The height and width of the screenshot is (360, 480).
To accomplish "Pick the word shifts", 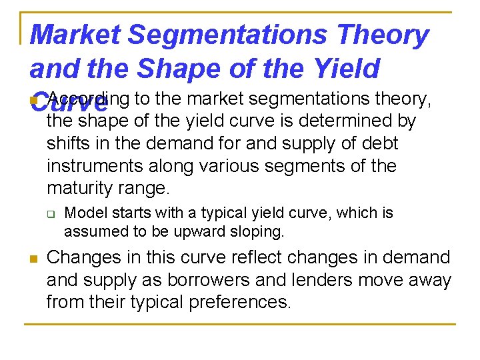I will click(x=65, y=143).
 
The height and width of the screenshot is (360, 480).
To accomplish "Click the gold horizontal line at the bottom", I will click(x=240, y=325).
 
